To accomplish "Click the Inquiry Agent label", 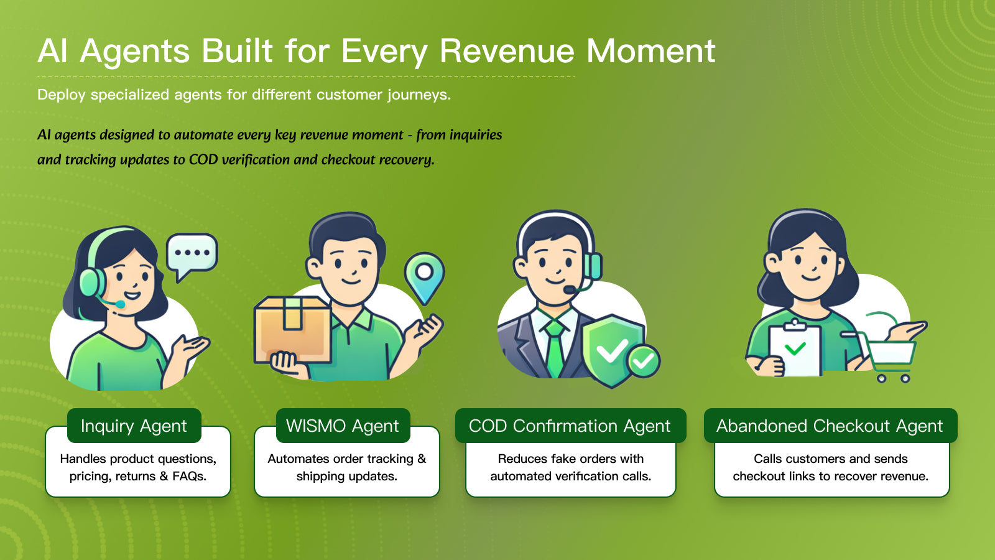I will [x=134, y=426].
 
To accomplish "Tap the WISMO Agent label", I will [x=343, y=426].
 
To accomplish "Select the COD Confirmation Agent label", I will [x=570, y=426].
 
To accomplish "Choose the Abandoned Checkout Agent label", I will [x=830, y=426].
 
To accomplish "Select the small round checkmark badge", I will [x=644, y=360].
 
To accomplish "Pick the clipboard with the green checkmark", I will [x=794, y=350].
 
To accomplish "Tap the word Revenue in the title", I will [x=507, y=51].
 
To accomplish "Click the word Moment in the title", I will [x=650, y=51].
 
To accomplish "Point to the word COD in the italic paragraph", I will [x=203, y=160].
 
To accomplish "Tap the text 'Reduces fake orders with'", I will [x=570, y=459].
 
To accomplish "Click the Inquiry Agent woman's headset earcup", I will [x=91, y=283].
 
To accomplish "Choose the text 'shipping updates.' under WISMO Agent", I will [x=346, y=477].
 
